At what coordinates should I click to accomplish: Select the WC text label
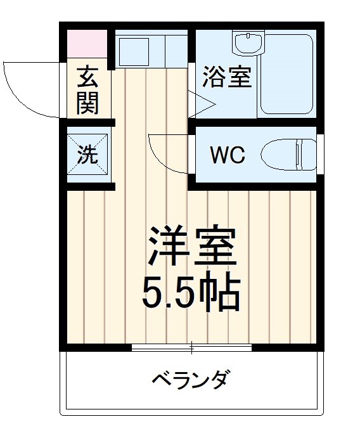228,155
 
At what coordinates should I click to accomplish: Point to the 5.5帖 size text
191,292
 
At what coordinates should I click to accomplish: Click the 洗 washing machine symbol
88,155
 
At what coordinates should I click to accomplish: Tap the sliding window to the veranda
192,347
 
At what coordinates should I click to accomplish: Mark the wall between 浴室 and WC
254,122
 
